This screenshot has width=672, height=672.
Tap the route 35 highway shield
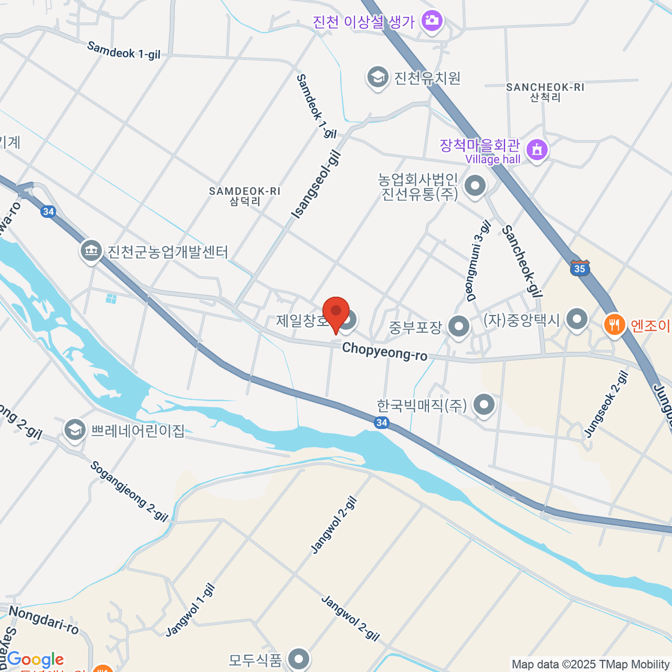click(580, 268)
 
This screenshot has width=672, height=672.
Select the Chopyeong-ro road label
click(384, 351)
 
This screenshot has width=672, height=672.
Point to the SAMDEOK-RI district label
click(245, 195)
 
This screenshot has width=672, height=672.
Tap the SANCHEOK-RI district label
click(545, 91)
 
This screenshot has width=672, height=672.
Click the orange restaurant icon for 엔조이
click(614, 324)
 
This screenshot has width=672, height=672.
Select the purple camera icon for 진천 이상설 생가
click(432, 22)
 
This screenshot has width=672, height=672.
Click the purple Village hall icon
click(537, 150)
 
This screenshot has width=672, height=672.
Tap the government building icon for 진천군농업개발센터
click(91, 251)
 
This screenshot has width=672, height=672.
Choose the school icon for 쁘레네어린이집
click(74, 431)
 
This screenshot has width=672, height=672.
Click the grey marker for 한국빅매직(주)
click(484, 404)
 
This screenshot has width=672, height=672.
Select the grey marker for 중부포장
click(459, 326)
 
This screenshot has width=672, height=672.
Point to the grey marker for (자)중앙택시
click(577, 320)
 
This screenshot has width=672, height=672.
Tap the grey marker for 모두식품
click(298, 659)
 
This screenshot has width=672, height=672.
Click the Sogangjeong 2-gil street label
click(129, 492)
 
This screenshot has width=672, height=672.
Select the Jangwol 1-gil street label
click(190, 610)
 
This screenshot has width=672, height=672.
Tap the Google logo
click(35, 660)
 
